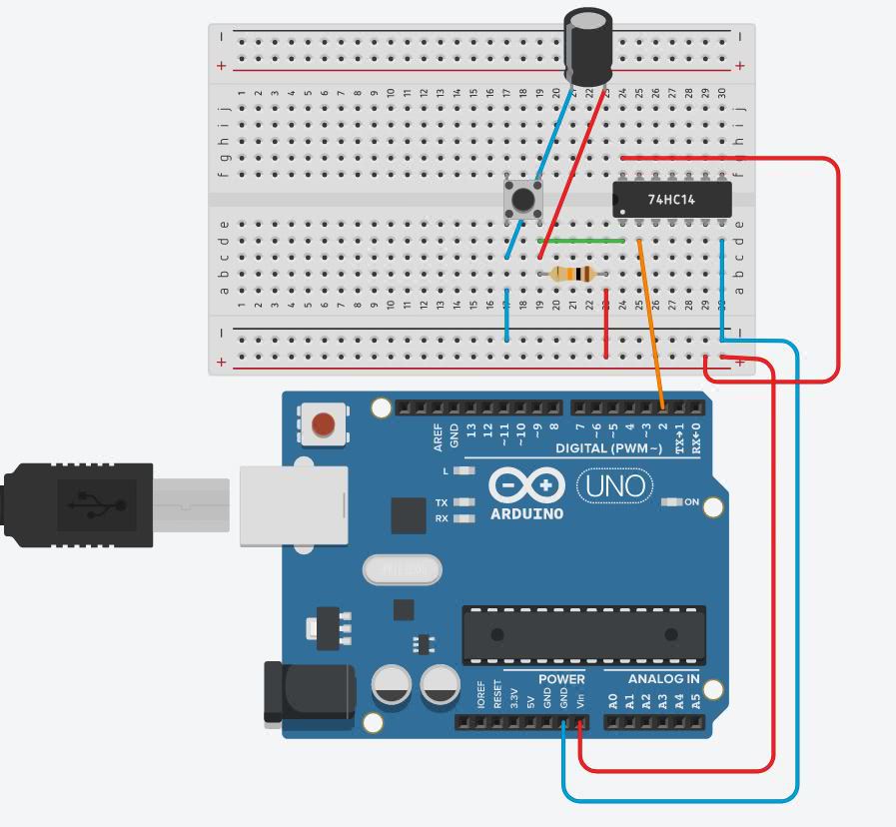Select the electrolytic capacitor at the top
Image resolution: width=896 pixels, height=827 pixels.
tap(588, 45)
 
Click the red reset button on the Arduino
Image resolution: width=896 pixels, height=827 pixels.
tap(324, 425)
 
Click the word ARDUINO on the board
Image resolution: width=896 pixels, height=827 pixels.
tap(526, 513)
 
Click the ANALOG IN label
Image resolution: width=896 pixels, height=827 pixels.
tap(663, 679)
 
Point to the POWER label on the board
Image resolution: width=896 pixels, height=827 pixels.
tap(561, 679)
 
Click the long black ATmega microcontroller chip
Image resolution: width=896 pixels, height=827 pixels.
tap(583, 634)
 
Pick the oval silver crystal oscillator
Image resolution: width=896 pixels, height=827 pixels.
tap(402, 570)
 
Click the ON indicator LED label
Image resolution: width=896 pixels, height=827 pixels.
tap(691, 502)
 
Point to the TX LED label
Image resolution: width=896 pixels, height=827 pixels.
tap(442, 502)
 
